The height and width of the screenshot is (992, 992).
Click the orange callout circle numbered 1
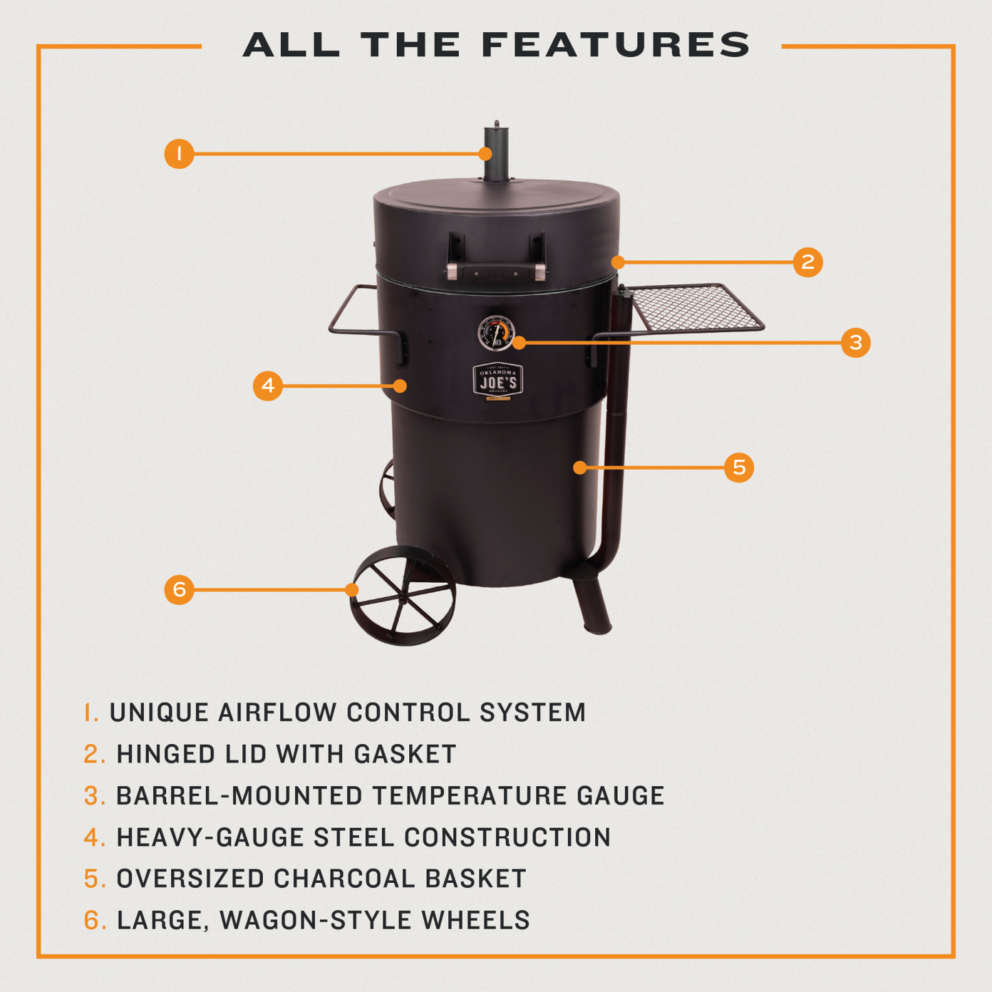(179, 153)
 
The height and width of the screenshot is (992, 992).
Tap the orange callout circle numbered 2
(807, 262)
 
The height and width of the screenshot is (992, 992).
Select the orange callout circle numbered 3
(855, 342)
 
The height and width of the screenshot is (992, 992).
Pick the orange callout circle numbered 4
(268, 386)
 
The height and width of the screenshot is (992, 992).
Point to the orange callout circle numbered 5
(739, 468)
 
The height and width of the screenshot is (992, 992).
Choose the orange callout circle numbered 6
(179, 589)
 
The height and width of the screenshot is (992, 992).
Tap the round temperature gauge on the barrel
(496, 334)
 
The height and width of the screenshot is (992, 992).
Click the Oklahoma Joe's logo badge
(498, 380)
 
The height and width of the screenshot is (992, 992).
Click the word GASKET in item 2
(405, 754)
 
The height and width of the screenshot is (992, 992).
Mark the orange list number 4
(94, 838)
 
